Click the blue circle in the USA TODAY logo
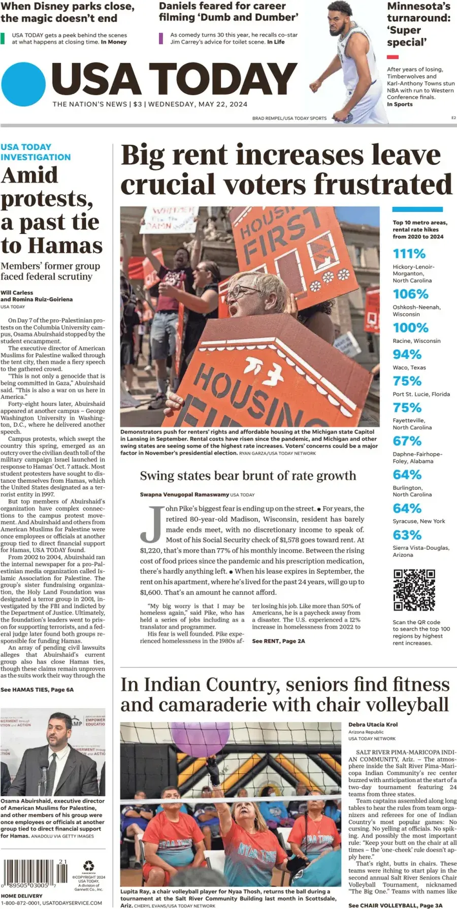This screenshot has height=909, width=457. [23, 84]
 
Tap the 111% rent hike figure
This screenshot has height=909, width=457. [409, 253]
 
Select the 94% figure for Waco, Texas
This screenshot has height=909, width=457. [407, 354]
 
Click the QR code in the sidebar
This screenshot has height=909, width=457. [414, 590]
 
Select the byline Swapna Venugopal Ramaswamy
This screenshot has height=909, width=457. [184, 494]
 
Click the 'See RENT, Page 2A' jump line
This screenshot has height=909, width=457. [278, 641]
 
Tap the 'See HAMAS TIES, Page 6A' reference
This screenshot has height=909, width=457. [37, 689]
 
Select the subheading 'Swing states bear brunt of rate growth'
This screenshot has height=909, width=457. [248, 476]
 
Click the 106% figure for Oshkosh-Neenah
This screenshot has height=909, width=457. [410, 294]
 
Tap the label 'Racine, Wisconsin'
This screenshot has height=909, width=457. [416, 341]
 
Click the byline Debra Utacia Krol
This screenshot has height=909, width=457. [373, 724]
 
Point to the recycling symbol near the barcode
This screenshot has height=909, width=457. [89, 865]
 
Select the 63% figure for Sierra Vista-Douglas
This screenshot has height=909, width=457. [407, 535]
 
